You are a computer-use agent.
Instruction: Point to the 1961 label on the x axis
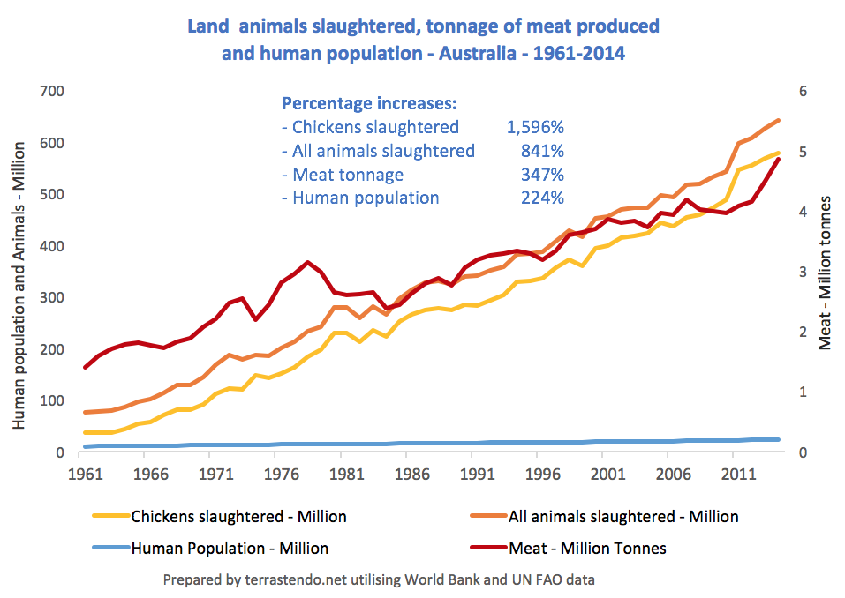[85, 475]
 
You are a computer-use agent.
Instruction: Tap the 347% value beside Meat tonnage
[542, 175]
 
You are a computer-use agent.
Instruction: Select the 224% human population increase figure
[542, 198]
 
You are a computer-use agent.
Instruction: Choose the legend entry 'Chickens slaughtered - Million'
[238, 516]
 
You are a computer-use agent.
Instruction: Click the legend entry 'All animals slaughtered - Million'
[623, 516]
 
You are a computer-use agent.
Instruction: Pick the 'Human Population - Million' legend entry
[230, 548]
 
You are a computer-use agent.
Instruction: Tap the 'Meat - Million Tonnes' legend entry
[587, 548]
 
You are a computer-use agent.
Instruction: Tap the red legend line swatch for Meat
[484, 548]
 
